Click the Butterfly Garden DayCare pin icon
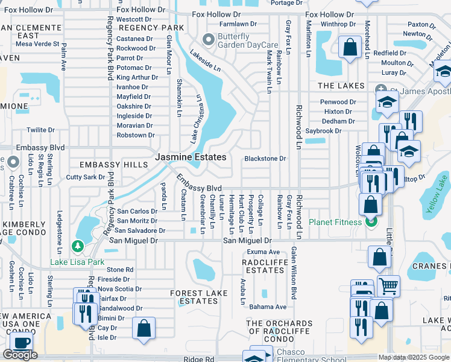click(209, 40)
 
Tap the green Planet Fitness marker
click(371, 221)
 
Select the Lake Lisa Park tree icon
click(77, 246)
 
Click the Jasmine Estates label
click(191, 157)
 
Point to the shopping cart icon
click(388, 286)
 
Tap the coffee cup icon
click(22, 342)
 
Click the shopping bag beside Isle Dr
click(144, 329)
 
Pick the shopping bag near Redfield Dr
click(350, 47)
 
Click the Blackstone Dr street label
click(265, 159)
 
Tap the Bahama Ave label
click(268, 307)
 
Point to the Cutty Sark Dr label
click(86, 177)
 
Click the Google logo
click(20, 355)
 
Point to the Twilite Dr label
click(40, 130)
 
